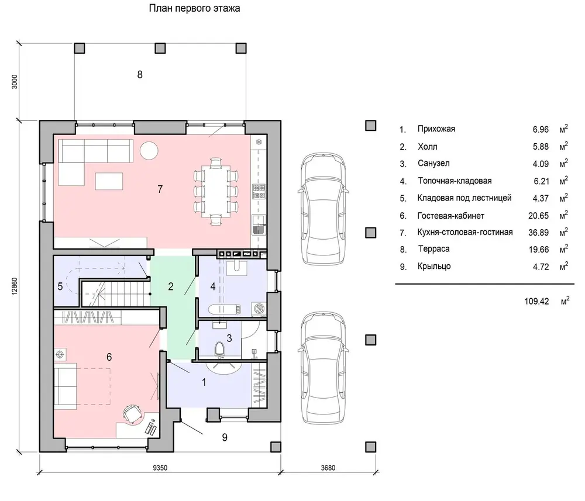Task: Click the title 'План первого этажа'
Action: pyautogui.click(x=194, y=8)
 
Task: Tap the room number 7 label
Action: pyautogui.click(x=160, y=189)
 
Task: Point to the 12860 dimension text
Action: pyautogui.click(x=15, y=287)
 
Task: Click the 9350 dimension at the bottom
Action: pyautogui.click(x=160, y=468)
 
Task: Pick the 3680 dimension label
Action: pyautogui.click(x=328, y=468)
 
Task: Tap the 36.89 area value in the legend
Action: pyautogui.click(x=538, y=233)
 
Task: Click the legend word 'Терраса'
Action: pyautogui.click(x=433, y=249)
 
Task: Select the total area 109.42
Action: pyautogui.click(x=536, y=301)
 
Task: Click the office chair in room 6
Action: pyautogui.click(x=132, y=413)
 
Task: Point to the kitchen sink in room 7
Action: pyautogui.click(x=258, y=225)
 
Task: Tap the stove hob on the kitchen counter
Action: pyautogui.click(x=259, y=191)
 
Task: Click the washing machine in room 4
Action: pyautogui.click(x=259, y=309)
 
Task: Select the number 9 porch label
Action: pyautogui.click(x=225, y=437)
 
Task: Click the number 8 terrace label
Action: pyautogui.click(x=140, y=75)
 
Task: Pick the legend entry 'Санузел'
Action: pyautogui.click(x=433, y=163)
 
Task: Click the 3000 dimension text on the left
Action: pyautogui.click(x=15, y=82)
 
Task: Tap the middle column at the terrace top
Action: pyautogui.click(x=160, y=48)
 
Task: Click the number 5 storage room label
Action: pyautogui.click(x=60, y=286)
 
